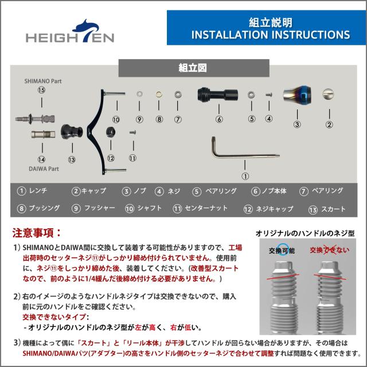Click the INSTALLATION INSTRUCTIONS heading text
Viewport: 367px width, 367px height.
tap(271, 34)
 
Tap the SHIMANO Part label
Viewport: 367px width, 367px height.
tap(42, 81)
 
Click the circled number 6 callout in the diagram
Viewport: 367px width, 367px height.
tap(219, 119)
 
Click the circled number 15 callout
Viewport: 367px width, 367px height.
tap(41, 91)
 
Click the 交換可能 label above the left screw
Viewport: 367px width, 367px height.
tap(282, 251)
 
